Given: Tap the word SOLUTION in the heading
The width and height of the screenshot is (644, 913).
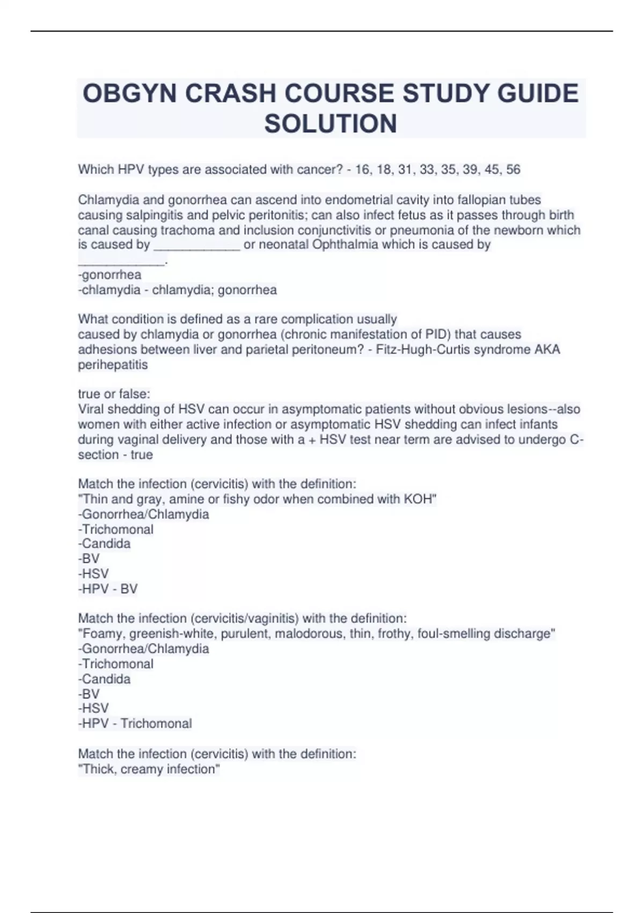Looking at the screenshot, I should click(331, 124).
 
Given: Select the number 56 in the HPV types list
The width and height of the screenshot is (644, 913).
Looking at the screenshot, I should click(513, 170).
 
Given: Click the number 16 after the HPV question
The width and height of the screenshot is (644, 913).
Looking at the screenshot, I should click(363, 170).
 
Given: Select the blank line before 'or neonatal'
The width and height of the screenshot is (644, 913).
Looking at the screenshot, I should click(196, 246).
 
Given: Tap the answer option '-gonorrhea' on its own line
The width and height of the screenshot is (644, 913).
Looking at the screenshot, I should click(110, 275).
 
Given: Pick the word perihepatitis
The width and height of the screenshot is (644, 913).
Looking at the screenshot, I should click(113, 365).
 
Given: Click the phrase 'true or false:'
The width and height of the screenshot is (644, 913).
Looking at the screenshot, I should click(114, 394).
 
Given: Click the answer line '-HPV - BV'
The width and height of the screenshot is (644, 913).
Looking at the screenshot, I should click(108, 589).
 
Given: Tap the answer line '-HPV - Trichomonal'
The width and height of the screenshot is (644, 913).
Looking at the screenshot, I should click(135, 723).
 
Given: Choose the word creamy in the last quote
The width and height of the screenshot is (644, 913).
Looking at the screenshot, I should click(142, 769).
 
